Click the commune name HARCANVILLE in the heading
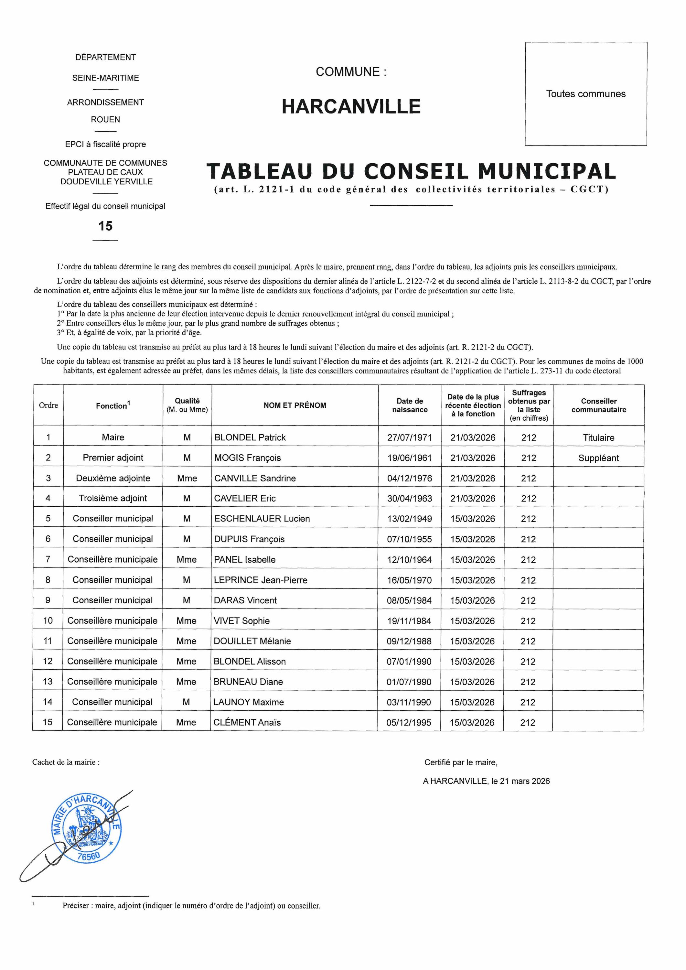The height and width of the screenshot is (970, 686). click(x=351, y=106)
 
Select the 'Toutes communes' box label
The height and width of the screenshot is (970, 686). click(x=585, y=94)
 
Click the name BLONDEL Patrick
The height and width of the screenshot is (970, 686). click(x=250, y=437)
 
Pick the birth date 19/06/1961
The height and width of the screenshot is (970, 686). click(x=409, y=458)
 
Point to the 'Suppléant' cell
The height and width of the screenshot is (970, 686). click(x=599, y=458)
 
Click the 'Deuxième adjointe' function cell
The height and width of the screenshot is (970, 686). click(x=113, y=478)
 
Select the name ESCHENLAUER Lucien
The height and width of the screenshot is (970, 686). click(x=262, y=519)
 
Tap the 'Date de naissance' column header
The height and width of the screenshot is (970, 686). click(x=410, y=405)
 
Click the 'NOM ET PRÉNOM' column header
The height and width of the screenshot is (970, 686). click(x=295, y=405)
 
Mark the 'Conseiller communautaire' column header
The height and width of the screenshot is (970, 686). click(x=599, y=405)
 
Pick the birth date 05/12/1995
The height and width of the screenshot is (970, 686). click(x=409, y=722)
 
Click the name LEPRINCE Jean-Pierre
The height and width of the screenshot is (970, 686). click(x=261, y=580)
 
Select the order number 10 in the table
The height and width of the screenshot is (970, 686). click(x=48, y=620)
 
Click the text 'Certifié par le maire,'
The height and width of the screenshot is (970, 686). click(x=461, y=762)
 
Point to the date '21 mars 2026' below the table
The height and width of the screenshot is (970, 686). click(x=525, y=781)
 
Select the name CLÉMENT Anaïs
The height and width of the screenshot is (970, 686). click(x=247, y=722)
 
